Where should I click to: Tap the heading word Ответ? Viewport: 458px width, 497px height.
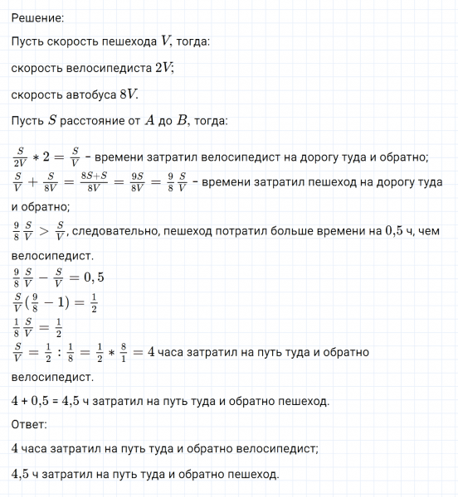30,425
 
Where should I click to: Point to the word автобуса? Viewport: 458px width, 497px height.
87,94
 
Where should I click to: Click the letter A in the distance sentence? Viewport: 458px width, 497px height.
149,120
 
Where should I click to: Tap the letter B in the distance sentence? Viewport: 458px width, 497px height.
182,120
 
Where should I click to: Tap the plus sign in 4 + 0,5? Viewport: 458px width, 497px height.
27,402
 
